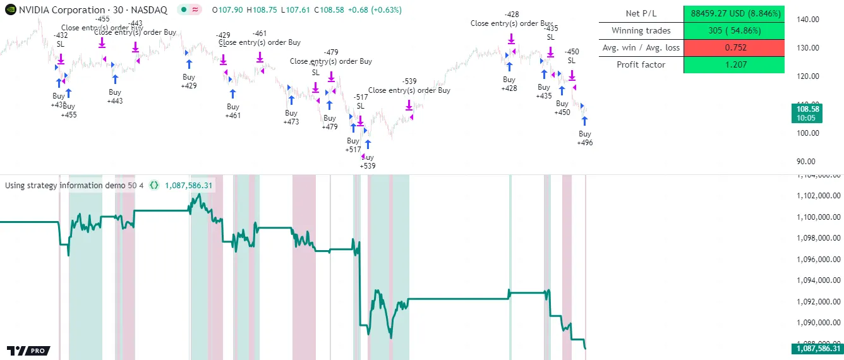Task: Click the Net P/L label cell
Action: click(x=641, y=13)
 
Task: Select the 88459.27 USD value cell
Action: click(x=733, y=13)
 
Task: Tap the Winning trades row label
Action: click(x=641, y=30)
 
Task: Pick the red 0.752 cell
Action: click(x=733, y=47)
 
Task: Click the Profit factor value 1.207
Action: click(x=733, y=64)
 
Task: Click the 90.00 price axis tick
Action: click(x=809, y=161)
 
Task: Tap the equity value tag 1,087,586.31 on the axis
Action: click(x=817, y=348)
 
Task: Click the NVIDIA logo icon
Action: click(x=9, y=10)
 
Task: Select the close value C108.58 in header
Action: click(x=329, y=10)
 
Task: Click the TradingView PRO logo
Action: click(x=28, y=351)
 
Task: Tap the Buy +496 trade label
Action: click(x=585, y=138)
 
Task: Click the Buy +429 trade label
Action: click(x=189, y=81)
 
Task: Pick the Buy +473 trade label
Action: click(x=291, y=117)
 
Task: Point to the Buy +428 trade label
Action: click(x=509, y=84)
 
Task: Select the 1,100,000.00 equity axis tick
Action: click(x=816, y=217)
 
